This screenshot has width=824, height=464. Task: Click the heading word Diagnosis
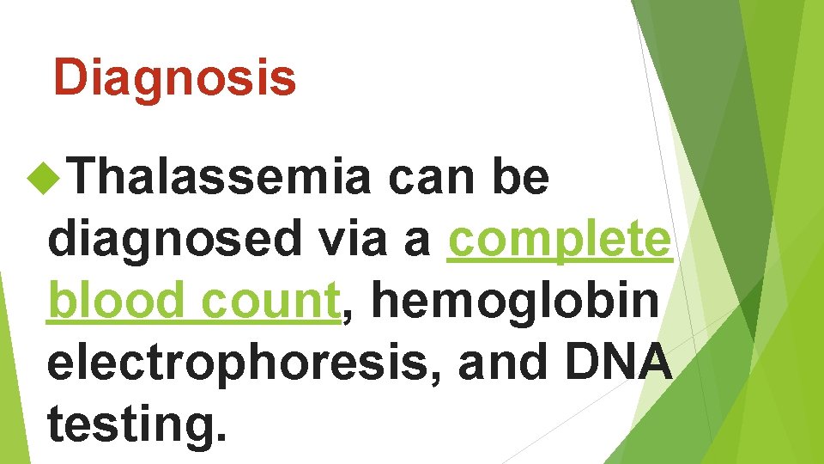click(174, 78)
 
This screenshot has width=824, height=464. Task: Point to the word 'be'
click(520, 179)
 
